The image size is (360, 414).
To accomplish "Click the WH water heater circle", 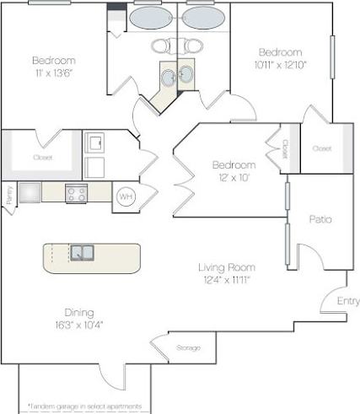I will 124,196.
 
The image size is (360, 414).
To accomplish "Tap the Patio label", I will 320,218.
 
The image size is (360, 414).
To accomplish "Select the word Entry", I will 347,301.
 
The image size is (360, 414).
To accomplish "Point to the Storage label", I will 188,347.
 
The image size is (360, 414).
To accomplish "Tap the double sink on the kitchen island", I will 82,252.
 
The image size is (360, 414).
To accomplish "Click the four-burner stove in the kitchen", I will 76,193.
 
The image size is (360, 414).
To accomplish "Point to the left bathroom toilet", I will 160,46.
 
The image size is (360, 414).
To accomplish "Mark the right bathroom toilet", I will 195,46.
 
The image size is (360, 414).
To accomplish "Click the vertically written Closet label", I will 285,148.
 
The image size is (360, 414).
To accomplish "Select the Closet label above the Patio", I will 321,148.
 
